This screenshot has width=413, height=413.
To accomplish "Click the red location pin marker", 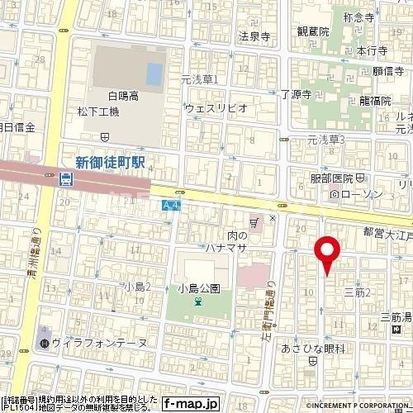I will [x=327, y=251].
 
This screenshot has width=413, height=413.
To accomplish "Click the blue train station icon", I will [x=66, y=178].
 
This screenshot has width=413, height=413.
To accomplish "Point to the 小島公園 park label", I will [x=198, y=288].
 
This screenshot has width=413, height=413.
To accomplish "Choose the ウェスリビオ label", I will [x=216, y=107].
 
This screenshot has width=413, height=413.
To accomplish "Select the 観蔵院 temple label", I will [x=313, y=31].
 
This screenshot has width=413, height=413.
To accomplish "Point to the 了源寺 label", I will [x=295, y=95].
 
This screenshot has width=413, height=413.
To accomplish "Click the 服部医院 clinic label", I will [x=331, y=178].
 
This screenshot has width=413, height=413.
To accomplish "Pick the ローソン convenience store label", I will [x=358, y=195].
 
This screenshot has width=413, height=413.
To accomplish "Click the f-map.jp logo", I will [x=190, y=404].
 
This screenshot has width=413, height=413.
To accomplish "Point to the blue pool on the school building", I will [x=154, y=74].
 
